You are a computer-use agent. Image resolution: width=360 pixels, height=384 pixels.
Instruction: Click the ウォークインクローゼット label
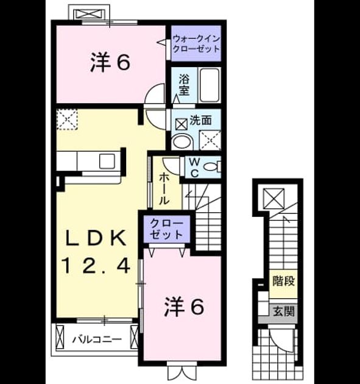[x=196, y=44]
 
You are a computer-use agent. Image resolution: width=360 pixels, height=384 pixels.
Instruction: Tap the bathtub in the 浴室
[x=210, y=85]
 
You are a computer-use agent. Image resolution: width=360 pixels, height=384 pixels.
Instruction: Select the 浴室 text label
[x=184, y=85]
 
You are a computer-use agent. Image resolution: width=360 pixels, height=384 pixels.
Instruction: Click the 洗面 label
[x=200, y=120]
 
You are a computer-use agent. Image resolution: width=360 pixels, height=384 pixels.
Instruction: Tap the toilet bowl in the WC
[x=211, y=167]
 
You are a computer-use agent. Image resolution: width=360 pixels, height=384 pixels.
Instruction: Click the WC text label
[x=194, y=168]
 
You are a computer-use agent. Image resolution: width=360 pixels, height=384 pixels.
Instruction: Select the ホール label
[x=164, y=189]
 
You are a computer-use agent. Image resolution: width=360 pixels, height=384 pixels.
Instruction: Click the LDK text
[x=96, y=238]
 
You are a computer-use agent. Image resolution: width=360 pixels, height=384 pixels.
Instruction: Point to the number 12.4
[x=96, y=266]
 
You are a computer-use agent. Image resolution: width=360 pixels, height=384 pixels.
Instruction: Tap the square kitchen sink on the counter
[x=107, y=161]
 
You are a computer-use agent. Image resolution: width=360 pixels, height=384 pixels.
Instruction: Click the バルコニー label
[x=97, y=340]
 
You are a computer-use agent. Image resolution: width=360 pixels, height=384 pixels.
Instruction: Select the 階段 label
[x=283, y=281]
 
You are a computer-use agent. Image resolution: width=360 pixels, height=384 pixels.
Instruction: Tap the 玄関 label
[x=283, y=311]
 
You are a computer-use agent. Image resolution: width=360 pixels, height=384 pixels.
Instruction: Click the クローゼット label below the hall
[x=166, y=229]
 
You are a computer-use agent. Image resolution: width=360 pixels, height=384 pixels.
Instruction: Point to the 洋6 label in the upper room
[x=110, y=63]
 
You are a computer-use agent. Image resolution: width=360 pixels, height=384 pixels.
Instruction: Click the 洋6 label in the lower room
[x=184, y=307]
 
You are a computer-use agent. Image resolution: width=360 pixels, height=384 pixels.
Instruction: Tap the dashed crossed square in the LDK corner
[x=67, y=119]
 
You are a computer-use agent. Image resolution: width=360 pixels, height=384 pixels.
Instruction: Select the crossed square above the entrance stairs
[x=274, y=199]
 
